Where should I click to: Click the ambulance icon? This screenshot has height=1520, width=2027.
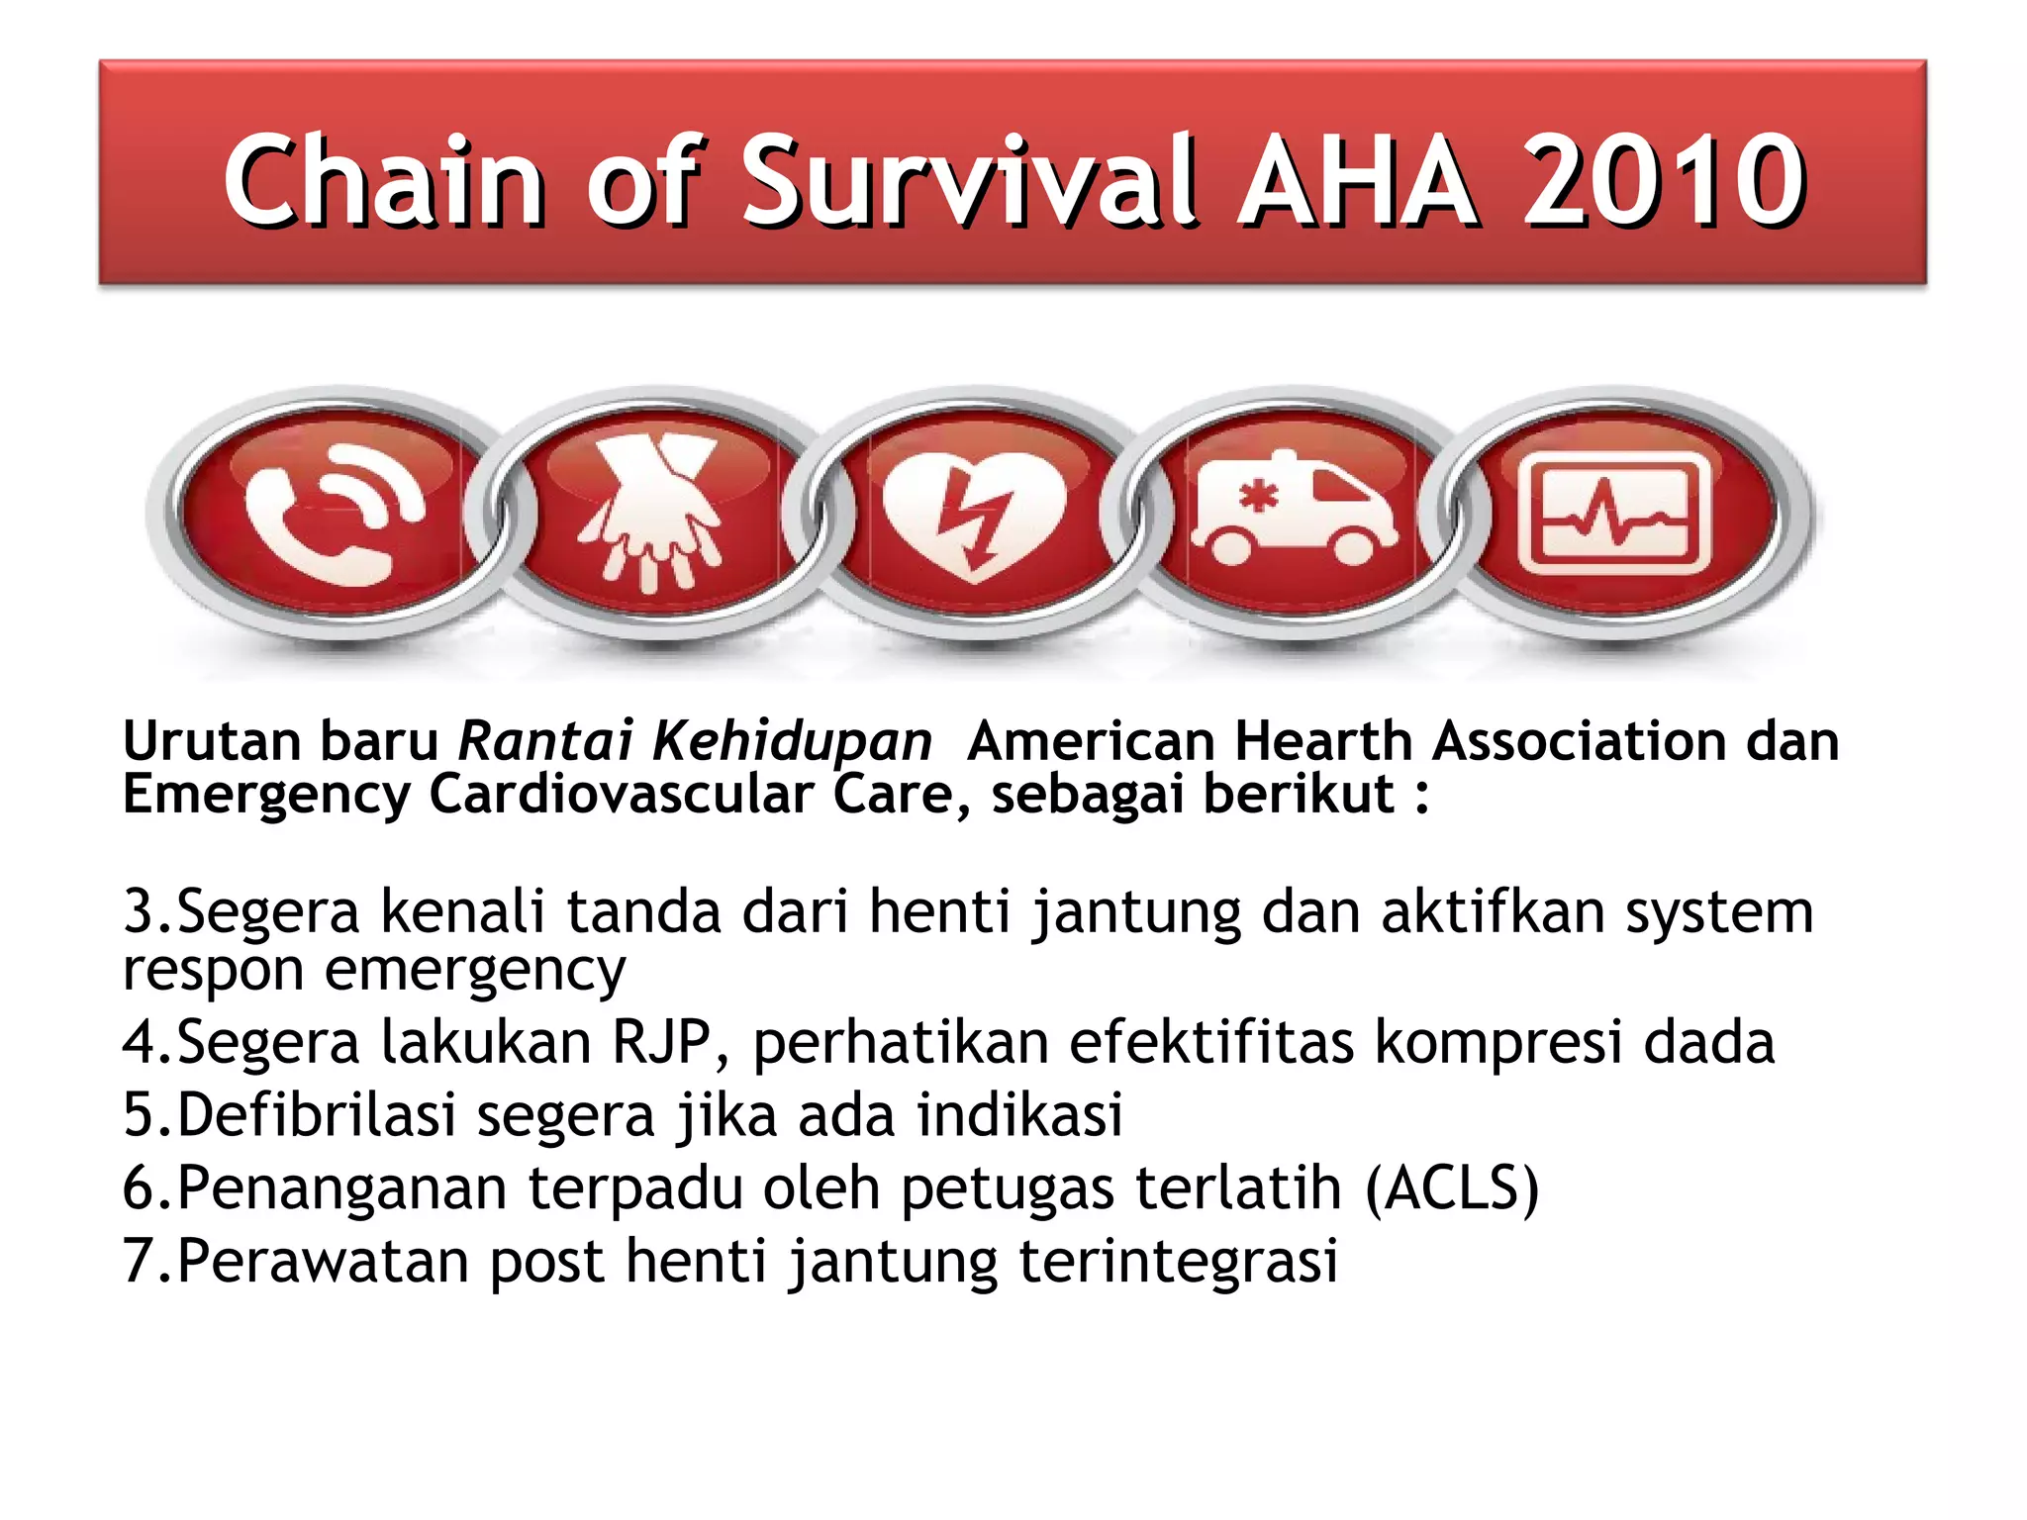(x=1293, y=511)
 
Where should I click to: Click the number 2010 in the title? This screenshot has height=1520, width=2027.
(x=1663, y=181)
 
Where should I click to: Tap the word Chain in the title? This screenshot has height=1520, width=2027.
(x=383, y=181)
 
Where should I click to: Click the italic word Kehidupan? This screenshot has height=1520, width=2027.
(x=792, y=742)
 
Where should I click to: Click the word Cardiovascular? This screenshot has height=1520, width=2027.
(x=621, y=794)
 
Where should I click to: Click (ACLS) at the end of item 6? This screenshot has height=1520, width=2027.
(x=1452, y=1187)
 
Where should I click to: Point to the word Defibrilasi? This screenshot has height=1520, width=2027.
(x=317, y=1114)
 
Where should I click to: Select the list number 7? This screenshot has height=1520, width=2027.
(x=139, y=1261)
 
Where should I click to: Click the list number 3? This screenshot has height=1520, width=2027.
(x=139, y=910)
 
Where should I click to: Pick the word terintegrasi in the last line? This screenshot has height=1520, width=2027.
(x=1178, y=1261)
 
